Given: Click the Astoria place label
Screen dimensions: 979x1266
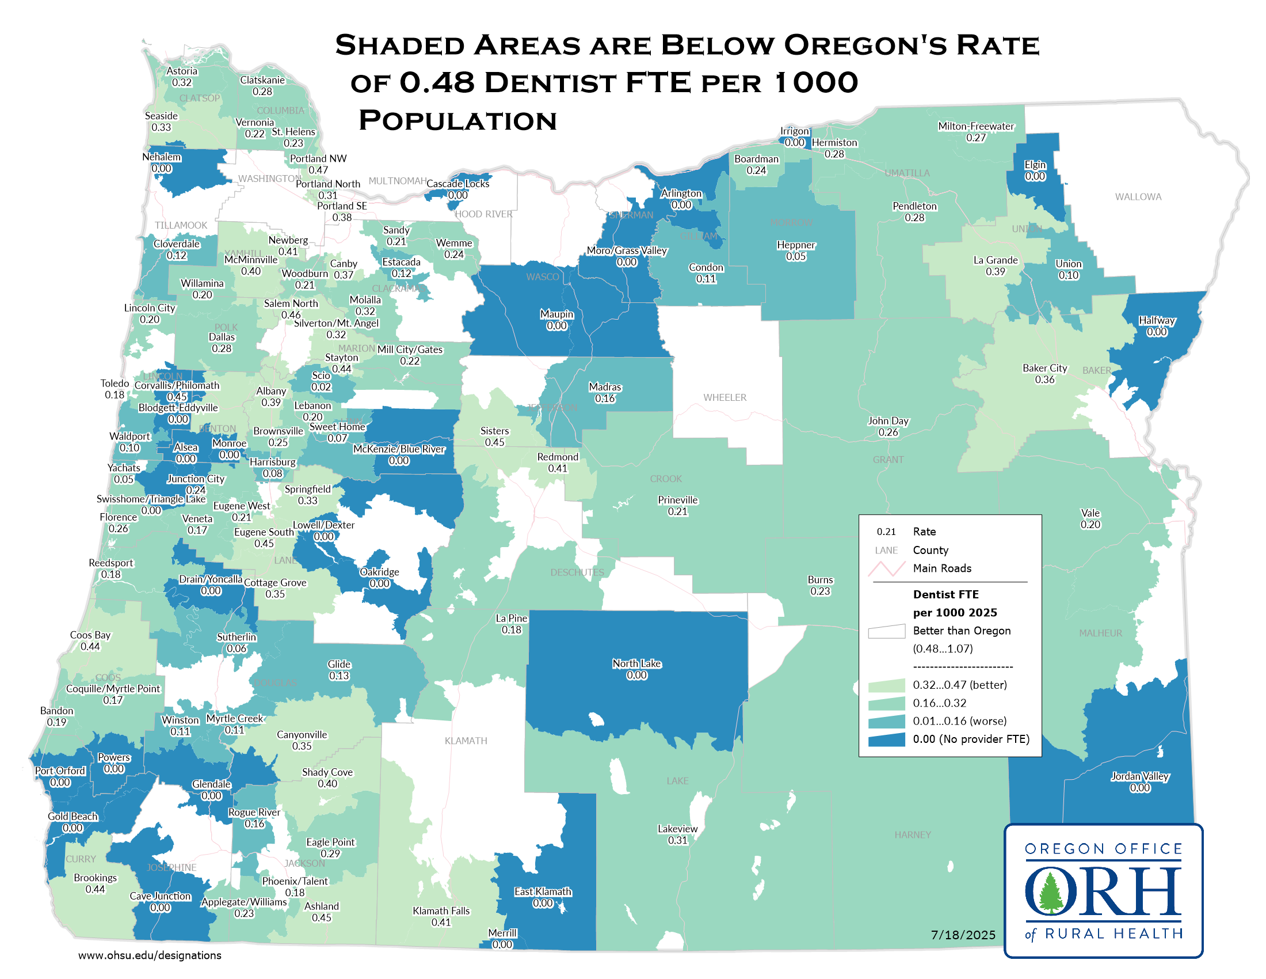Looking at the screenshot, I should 182,71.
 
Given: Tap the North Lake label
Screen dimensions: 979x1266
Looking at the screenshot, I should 636,663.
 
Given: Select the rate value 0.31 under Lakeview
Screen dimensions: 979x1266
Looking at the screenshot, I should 678,840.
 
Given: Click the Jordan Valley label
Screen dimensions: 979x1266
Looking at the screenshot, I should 1139,777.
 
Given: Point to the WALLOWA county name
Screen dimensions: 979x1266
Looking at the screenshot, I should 1138,197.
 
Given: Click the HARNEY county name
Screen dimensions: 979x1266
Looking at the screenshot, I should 913,835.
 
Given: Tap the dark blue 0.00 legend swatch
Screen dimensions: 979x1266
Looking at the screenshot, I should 886,739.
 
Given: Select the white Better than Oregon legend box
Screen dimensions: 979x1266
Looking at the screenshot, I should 886,631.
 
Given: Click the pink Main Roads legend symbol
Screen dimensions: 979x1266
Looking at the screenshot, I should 886,568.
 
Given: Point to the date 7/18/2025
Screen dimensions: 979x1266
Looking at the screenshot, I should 963,935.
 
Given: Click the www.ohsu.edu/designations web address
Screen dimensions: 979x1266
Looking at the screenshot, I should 150,955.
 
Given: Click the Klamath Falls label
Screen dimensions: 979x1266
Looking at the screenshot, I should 441,911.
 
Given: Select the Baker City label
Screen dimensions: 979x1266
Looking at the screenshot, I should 1044,369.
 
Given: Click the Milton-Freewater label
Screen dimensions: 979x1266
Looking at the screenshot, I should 976,127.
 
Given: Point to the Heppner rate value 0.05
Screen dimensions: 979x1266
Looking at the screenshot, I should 796,256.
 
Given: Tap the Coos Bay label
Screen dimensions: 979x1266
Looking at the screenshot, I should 90,635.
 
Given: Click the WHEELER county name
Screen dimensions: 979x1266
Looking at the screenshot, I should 724,398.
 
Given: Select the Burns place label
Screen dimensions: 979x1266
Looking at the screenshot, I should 820,580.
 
